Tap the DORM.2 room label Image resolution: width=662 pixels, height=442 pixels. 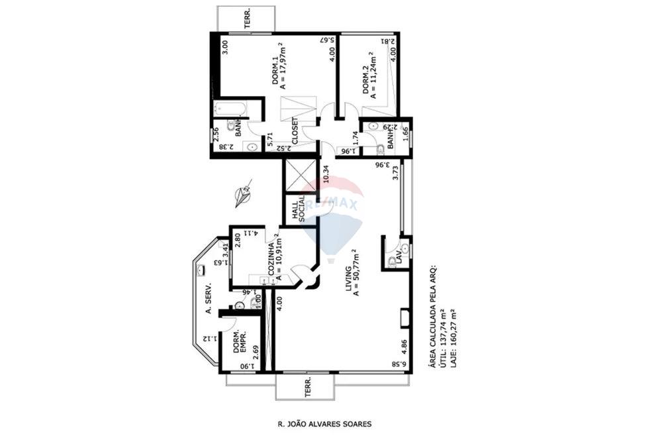click(x=365, y=81)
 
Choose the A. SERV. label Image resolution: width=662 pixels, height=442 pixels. click(x=207, y=299)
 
